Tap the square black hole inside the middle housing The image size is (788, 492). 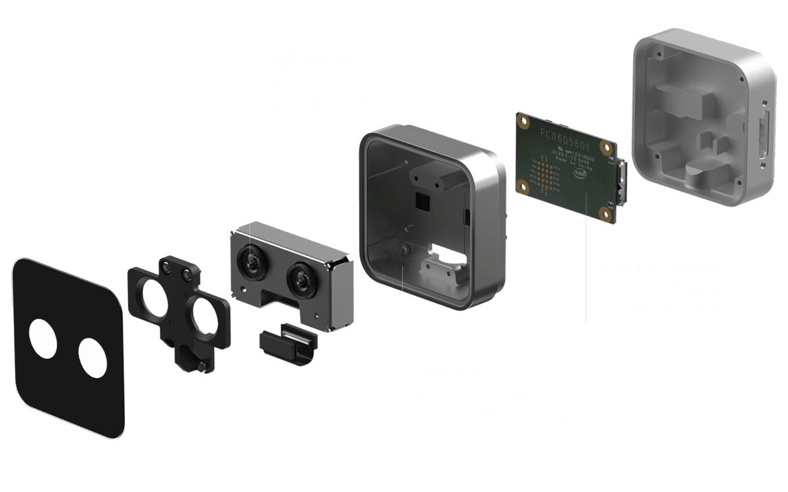click(x=420, y=201)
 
